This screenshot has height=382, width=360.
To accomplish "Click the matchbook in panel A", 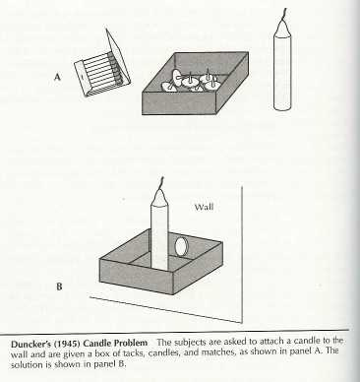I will coord(103,71).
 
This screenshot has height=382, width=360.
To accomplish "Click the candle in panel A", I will coord(283,69).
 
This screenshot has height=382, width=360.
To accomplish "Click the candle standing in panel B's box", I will coord(159,232).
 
